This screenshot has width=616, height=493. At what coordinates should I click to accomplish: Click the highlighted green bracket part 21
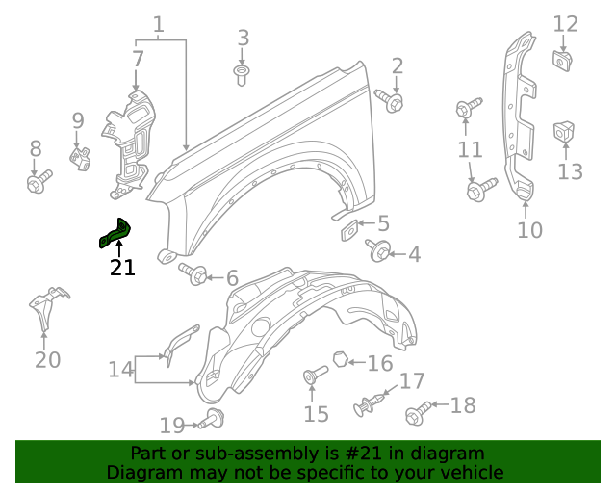coord(114,234)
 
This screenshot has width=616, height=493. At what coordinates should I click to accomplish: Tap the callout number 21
coord(122,268)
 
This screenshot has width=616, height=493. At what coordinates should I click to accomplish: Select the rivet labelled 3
coord(242,73)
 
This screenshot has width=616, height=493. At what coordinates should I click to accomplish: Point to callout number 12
coord(565,24)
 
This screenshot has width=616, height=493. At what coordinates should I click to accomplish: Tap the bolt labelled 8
coord(38,181)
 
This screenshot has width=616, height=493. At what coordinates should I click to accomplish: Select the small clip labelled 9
coord(81,156)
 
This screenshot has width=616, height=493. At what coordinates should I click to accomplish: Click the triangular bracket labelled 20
coord(44,308)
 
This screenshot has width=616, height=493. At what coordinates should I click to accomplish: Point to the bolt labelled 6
coord(196,275)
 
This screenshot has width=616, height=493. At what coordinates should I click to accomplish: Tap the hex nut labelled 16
coord(341,360)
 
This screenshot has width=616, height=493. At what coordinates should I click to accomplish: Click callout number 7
coord(138,59)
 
